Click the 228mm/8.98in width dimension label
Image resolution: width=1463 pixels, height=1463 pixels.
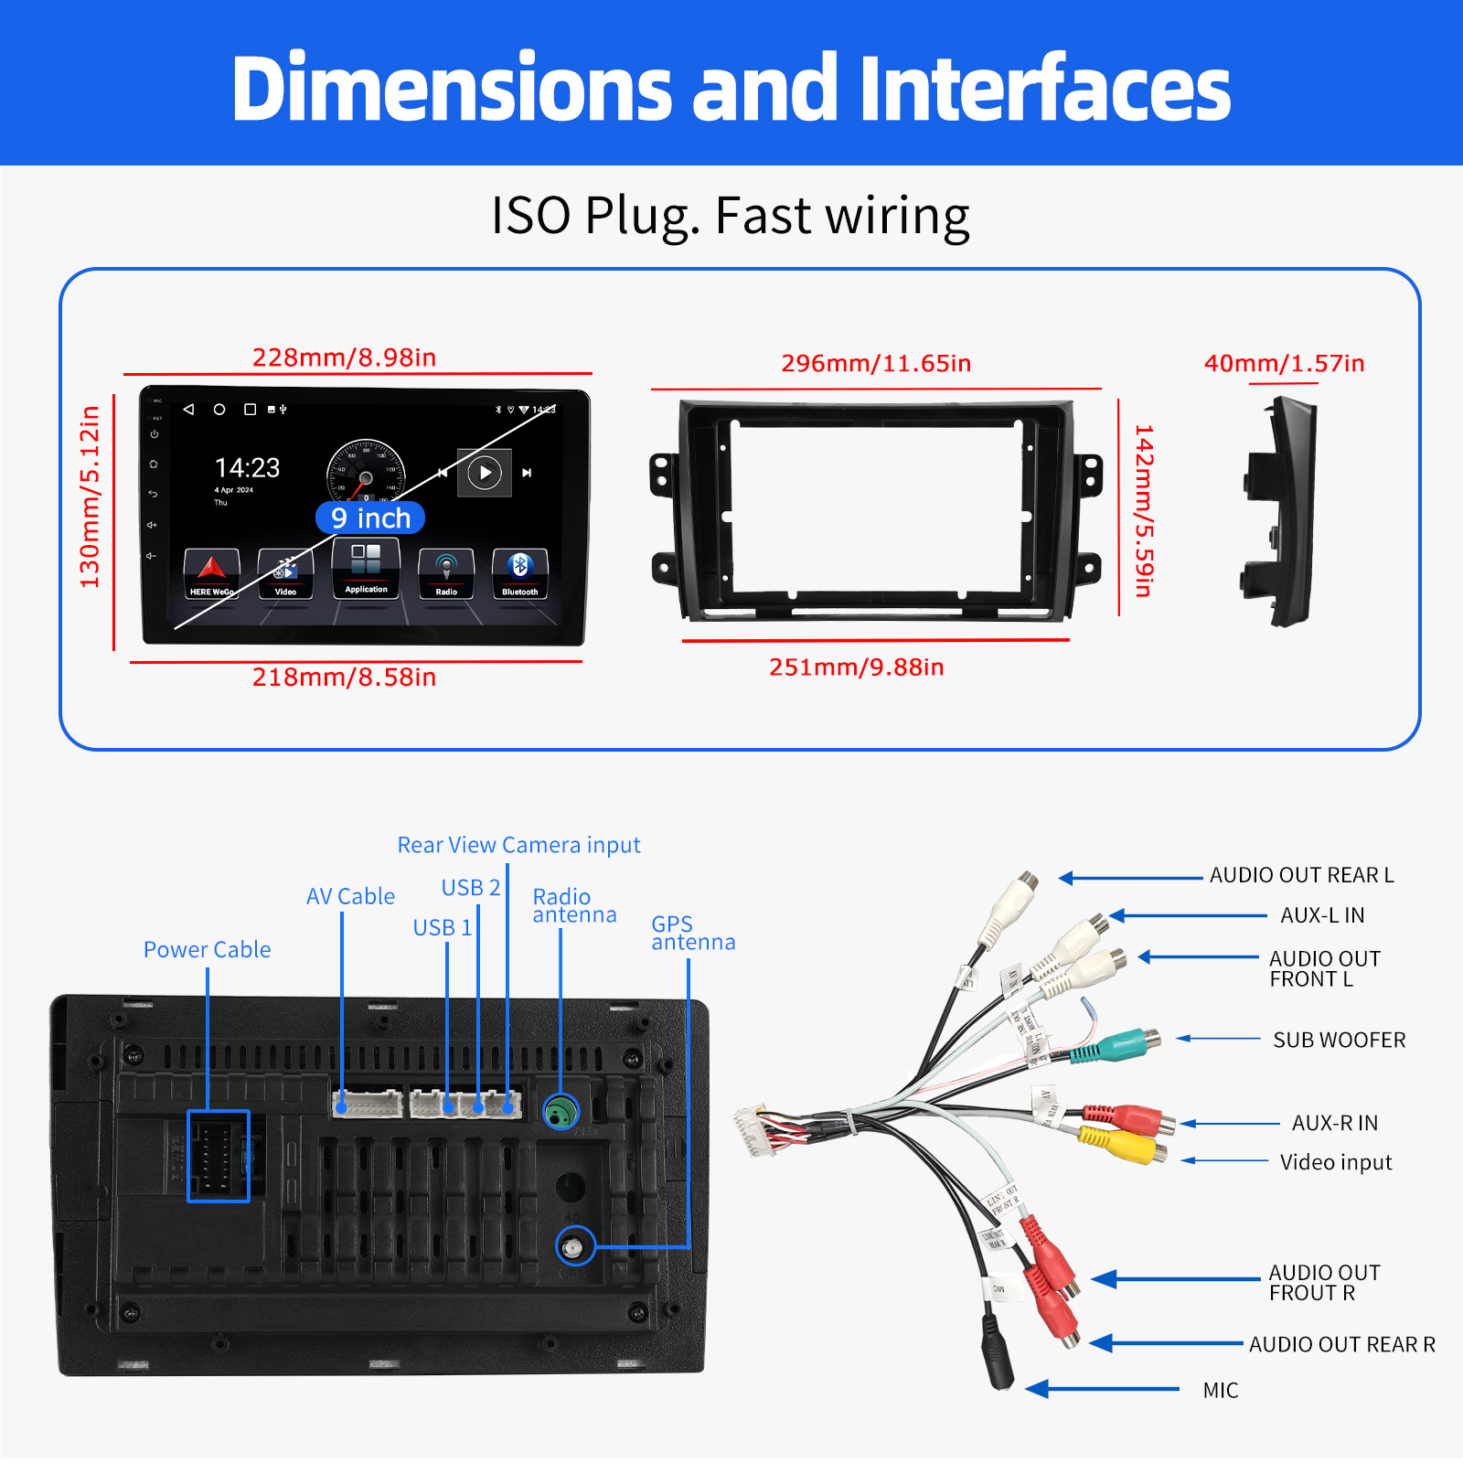[344, 358]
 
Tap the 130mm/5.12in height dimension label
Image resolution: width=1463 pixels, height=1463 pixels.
[90, 497]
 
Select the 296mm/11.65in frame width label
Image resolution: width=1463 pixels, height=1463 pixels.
[876, 364]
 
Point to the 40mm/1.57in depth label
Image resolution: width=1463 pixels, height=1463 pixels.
[1284, 364]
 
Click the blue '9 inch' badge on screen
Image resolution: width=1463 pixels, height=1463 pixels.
[370, 518]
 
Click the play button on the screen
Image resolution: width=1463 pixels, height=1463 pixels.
[485, 473]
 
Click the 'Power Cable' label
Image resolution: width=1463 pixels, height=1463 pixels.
[207, 950]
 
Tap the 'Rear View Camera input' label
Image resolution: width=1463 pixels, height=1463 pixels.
[518, 845]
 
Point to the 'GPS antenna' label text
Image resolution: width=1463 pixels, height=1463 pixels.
[692, 934]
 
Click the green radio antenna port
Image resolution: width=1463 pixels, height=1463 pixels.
[561, 1112]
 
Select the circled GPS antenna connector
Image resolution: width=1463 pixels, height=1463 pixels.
[575, 1246]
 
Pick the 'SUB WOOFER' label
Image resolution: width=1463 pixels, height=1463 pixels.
[1339, 1041]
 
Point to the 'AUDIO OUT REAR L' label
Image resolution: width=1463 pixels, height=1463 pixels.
[1301, 876]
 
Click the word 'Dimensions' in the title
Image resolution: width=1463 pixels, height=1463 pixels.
[452, 89]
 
